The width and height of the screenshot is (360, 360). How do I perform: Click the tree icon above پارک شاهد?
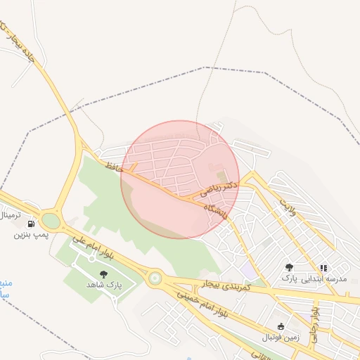[104, 274]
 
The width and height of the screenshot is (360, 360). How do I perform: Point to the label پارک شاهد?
[104, 285]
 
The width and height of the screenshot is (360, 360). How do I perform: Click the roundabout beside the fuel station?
[51, 220]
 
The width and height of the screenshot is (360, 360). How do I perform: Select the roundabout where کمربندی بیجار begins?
[155, 278]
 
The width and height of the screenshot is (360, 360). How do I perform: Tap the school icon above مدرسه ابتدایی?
[323, 268]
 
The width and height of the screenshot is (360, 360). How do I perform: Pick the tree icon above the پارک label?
[289, 268]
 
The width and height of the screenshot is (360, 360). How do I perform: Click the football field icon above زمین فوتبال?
[281, 326]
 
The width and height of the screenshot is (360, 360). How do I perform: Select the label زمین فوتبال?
[281, 337]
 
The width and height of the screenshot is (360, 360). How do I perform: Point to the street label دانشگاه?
[214, 209]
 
